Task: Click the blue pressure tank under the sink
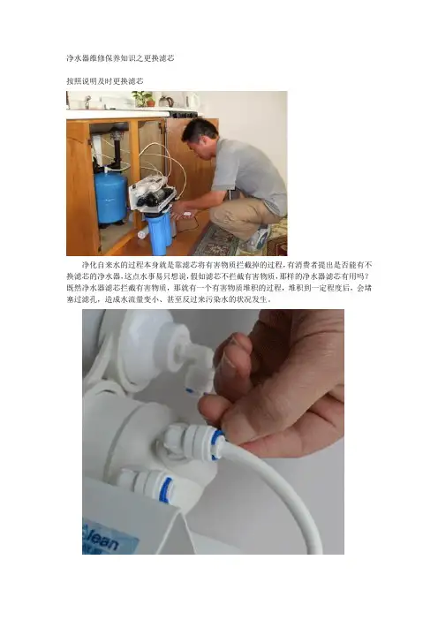point(110,197)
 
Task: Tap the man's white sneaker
point(258,238)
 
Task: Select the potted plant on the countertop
point(144,99)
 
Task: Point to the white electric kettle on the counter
point(193,101)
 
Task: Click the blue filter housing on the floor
point(159,235)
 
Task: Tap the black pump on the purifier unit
point(155,199)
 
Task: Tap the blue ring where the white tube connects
point(217,444)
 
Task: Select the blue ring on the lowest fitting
point(166,490)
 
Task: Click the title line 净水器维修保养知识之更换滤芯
point(120,58)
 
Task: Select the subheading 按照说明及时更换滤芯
point(105,81)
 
